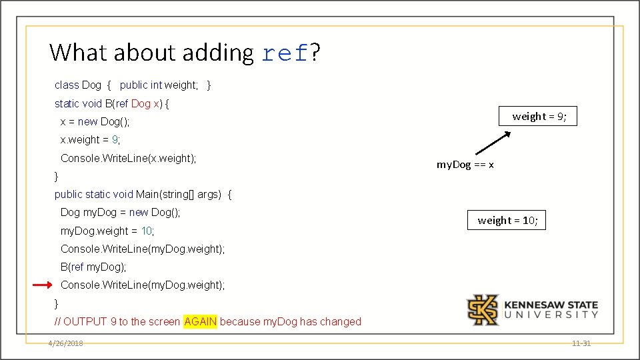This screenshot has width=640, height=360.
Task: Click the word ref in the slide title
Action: (285, 53)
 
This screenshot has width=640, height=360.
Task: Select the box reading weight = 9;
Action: (539, 117)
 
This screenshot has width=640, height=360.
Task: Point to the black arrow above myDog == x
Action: (492, 143)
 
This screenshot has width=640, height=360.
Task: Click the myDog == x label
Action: (465, 164)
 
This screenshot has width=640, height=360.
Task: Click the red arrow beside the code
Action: (42, 285)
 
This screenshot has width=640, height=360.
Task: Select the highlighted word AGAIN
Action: (200, 321)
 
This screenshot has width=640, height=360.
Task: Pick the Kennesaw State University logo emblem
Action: (482, 309)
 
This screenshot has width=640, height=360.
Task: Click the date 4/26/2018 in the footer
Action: (65, 343)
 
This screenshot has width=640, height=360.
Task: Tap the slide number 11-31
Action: (581, 343)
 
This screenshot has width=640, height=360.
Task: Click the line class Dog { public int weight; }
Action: (133, 85)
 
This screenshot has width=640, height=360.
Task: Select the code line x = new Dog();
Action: (95, 121)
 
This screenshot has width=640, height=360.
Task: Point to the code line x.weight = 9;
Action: (90, 139)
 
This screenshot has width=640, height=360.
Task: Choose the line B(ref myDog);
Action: (93, 267)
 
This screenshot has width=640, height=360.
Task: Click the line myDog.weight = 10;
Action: (107, 231)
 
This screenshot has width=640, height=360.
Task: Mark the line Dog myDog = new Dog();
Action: (120, 212)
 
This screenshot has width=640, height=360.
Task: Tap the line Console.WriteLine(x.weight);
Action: (128, 158)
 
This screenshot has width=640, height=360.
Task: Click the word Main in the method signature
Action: (148, 194)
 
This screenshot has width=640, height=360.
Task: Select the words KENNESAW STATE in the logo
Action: (551, 305)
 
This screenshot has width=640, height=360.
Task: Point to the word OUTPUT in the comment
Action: (85, 321)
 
